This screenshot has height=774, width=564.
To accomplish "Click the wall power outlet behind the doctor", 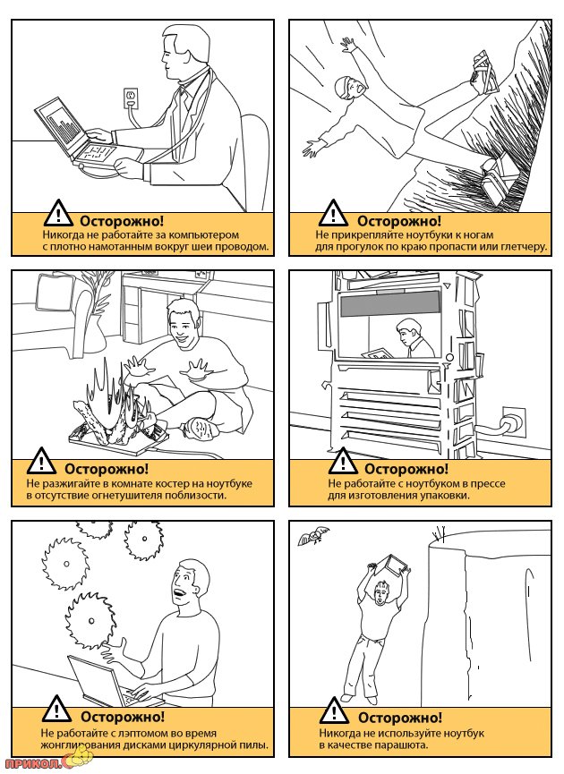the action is tap(132, 98).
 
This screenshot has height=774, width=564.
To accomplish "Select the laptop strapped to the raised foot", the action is tap(484, 73).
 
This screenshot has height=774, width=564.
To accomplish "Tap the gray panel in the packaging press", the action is tap(389, 302).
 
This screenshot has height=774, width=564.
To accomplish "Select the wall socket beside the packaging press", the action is tap(513, 421).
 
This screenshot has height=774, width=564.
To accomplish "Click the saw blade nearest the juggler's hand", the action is tap(90, 620).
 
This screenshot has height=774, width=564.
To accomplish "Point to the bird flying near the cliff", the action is tap(312, 536).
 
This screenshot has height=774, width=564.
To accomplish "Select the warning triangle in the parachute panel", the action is tap(334, 710).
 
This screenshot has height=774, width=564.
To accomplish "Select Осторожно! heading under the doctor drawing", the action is tap(122, 221).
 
